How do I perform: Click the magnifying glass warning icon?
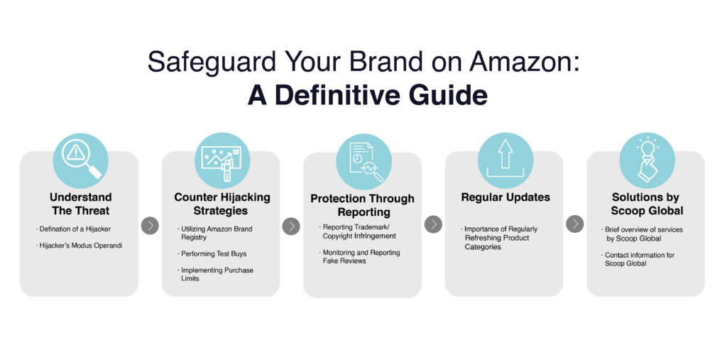[81, 160]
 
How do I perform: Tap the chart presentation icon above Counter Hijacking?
[222, 160]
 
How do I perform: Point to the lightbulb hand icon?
[647, 160]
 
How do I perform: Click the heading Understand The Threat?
[81, 204]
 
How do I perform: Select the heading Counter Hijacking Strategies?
[222, 204]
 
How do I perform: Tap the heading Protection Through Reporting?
[363, 205]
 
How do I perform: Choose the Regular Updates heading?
[505, 197]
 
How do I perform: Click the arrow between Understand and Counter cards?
[150, 226]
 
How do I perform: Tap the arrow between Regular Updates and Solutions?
[575, 224]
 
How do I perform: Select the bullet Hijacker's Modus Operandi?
[79, 246]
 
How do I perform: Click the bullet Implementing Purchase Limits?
[216, 274]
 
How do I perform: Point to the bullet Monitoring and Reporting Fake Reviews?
[360, 256]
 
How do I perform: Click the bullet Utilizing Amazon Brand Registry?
[215, 233]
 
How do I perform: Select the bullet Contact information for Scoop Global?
[638, 259]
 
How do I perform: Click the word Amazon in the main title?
[525, 61]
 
